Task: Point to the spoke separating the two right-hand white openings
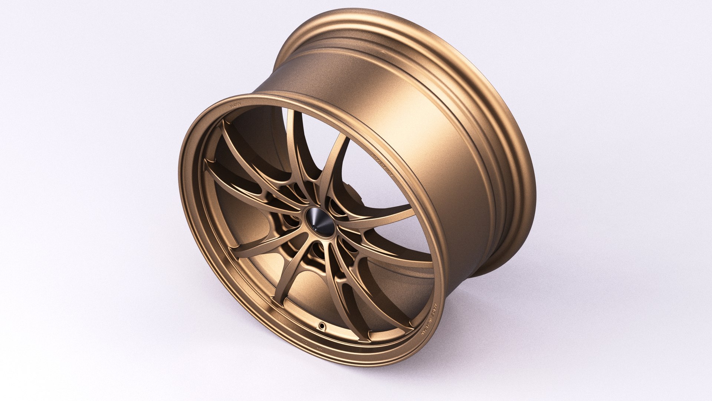386,219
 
